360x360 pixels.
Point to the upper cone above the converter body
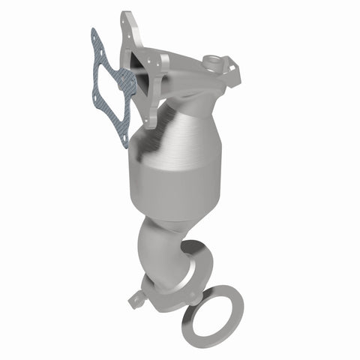click(x=187, y=120)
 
